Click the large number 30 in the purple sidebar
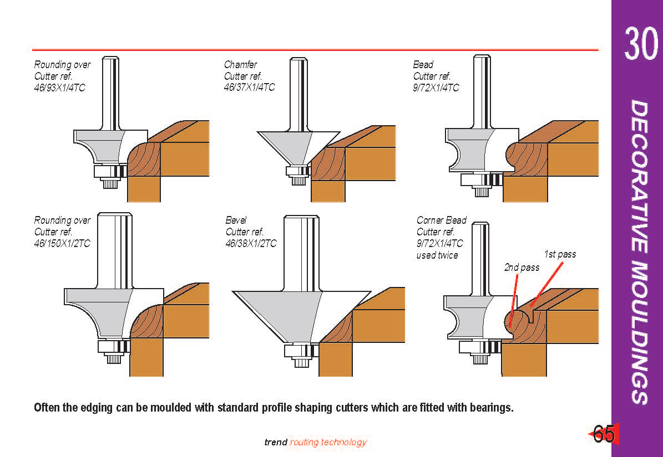[x=641, y=43]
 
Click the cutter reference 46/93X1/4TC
[x=59, y=88]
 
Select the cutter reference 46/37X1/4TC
[x=249, y=88]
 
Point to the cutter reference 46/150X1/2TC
[x=62, y=243]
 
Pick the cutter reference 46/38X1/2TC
[x=251, y=243]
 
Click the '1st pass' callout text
[x=560, y=254]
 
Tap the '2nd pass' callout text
[x=522, y=268]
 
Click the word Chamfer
[x=240, y=65]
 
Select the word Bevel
[x=236, y=220]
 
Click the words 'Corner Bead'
[x=442, y=220]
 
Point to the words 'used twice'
[x=437, y=255]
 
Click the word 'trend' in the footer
[x=276, y=442]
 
